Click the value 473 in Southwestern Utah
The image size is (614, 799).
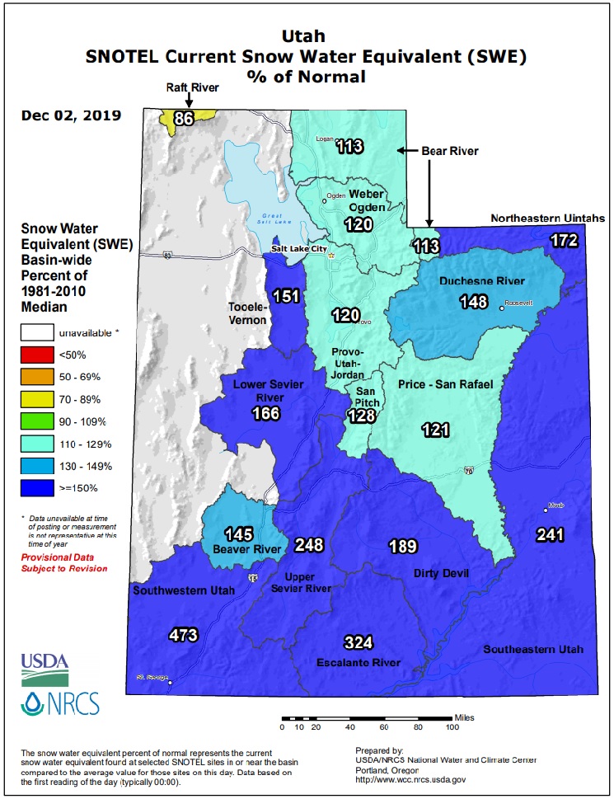click(182, 635)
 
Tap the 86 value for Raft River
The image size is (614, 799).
click(184, 119)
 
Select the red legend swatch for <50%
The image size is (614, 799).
click(35, 355)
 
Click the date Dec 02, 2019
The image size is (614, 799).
click(72, 115)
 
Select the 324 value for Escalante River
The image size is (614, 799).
click(359, 642)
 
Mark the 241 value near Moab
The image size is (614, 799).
click(550, 534)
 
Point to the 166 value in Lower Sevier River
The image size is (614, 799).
click(266, 413)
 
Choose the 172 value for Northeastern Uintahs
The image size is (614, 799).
click(565, 241)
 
